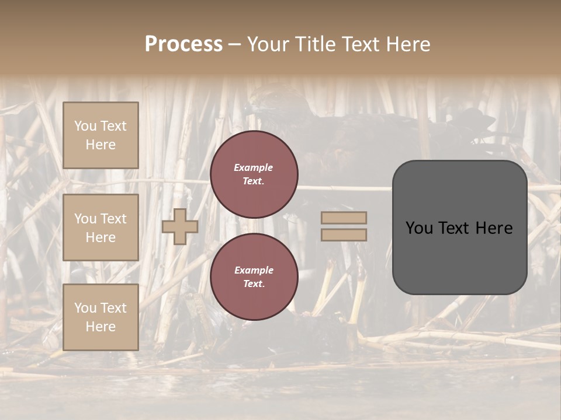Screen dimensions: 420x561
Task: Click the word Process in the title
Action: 183,44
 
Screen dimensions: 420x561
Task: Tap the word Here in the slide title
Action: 406,44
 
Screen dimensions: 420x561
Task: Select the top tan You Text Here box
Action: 101,135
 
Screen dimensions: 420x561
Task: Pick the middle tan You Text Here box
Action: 101,228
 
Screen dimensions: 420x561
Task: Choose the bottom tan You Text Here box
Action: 101,317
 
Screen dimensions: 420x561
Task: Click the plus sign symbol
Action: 180,226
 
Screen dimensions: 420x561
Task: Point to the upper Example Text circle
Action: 254,174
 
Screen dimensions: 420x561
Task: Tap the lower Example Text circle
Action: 254,277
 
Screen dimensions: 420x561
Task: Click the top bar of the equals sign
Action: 344,218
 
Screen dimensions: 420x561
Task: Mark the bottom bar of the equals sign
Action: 344,235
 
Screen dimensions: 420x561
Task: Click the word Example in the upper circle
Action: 253,167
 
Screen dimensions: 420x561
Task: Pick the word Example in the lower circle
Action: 254,270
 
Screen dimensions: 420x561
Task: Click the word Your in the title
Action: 266,44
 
